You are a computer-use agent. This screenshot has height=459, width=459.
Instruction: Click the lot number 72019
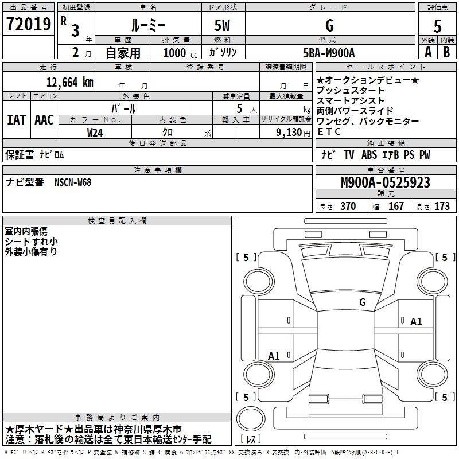pos(28,24)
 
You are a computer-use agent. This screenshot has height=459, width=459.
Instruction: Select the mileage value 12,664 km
pos(70,82)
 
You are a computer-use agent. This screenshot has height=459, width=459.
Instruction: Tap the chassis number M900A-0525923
pos(386,182)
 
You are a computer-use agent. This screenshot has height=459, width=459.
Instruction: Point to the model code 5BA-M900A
pos(329,53)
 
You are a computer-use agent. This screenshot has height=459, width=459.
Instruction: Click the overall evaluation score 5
pos(437,26)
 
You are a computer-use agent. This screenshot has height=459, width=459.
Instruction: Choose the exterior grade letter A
pos(428,52)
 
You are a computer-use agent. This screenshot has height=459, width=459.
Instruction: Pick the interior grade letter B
pos(446,52)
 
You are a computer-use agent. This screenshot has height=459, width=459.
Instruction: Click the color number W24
pos(95,133)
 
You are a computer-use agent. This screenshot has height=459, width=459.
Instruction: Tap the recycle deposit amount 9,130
pos(289,132)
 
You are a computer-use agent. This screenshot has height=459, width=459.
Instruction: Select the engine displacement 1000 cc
pos(180,53)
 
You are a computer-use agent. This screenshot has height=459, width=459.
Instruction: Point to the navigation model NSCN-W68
pos(73,182)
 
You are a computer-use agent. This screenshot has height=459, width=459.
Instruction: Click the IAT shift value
pos(17,120)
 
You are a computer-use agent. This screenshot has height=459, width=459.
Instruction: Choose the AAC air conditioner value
pos(44,120)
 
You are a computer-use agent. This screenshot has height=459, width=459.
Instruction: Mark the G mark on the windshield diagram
pos(363,302)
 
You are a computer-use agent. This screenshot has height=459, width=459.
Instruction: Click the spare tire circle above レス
pos(251,419)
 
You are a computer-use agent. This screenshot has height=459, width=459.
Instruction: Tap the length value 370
pos(348,206)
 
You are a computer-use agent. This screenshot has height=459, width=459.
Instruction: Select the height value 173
pos(442,206)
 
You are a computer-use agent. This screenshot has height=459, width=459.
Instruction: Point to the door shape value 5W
pos(222,25)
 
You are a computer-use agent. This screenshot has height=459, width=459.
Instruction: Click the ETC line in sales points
pos(329,132)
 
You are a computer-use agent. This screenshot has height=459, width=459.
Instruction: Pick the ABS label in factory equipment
pos(369,154)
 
